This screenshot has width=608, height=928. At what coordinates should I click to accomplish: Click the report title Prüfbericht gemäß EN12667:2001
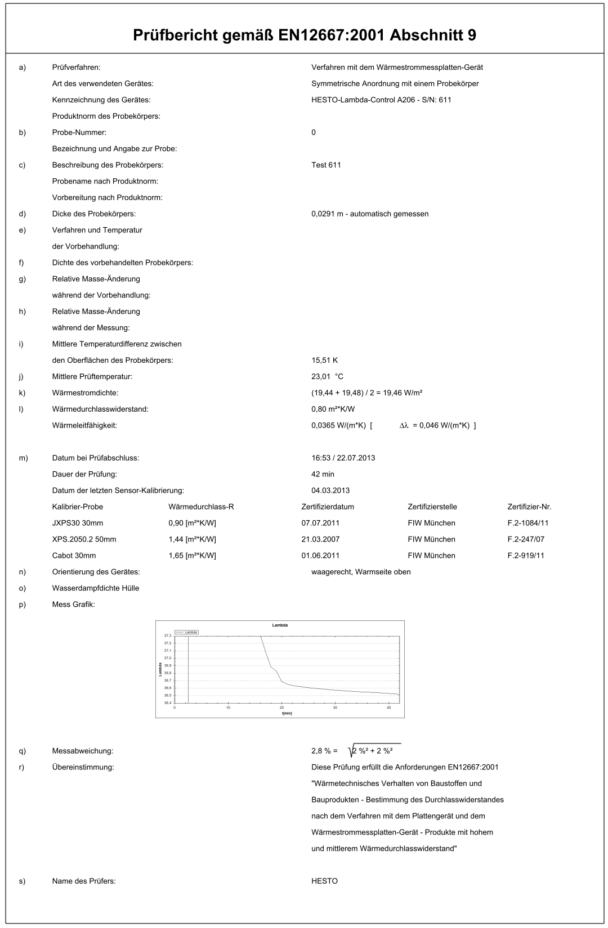tap(304, 35)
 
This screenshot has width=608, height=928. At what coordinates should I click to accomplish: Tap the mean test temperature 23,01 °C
tap(327, 376)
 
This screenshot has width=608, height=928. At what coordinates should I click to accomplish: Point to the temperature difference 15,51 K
tap(324, 360)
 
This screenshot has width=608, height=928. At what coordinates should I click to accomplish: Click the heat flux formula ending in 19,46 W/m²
tap(366, 393)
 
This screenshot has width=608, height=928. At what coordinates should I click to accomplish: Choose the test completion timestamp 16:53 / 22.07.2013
tap(343, 458)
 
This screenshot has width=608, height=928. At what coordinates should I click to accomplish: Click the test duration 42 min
tap(323, 474)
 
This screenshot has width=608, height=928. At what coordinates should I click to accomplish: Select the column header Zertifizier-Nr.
tap(529, 507)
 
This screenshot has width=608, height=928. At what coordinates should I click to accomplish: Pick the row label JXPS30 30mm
tap(78, 523)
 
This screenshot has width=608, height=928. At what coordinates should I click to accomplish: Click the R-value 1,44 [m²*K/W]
tap(192, 539)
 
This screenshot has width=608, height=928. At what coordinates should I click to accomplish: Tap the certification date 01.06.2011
tap(320, 556)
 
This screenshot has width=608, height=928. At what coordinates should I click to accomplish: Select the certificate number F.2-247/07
tap(526, 539)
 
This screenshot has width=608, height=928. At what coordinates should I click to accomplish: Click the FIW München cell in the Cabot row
tap(431, 556)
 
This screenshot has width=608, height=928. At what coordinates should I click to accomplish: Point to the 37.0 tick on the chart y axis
tap(167, 658)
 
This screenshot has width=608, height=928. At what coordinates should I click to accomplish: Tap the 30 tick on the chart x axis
tap(335, 708)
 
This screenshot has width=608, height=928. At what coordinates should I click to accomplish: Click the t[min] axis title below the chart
tap(287, 713)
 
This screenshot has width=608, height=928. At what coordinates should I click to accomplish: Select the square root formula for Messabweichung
tap(374, 751)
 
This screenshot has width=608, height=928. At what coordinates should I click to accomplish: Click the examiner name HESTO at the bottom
tap(324, 881)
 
